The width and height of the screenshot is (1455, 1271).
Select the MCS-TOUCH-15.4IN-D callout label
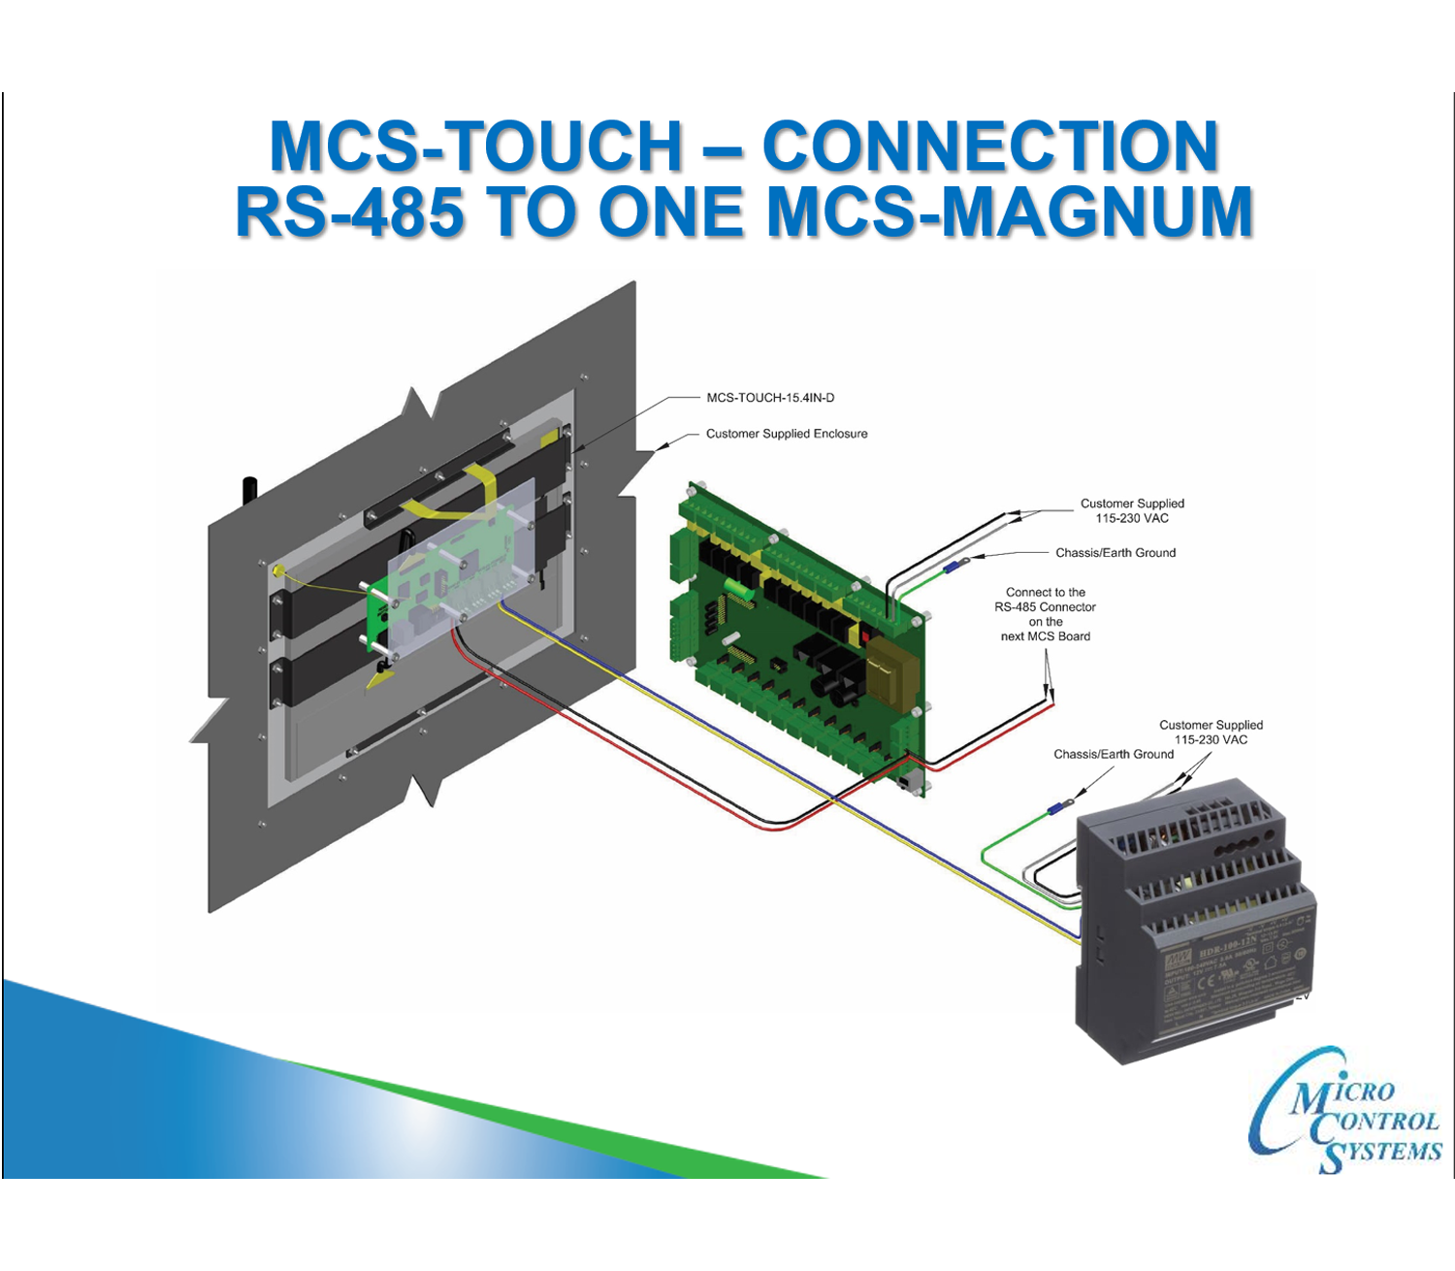click(770, 398)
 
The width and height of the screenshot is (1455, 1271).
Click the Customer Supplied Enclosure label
click(787, 434)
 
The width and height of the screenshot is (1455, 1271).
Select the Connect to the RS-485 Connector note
click(1046, 614)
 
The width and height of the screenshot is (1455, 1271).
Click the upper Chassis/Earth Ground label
click(1115, 553)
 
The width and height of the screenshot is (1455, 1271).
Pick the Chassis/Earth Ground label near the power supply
click(1114, 754)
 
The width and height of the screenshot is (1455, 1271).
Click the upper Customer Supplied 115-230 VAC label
click(1132, 510)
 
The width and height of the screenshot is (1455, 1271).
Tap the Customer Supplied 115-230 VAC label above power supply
click(1211, 732)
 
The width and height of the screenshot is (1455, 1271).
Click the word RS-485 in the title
click(349, 212)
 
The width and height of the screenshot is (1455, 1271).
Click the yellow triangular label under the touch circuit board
click(379, 678)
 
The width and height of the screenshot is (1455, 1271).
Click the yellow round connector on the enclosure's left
click(278, 571)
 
